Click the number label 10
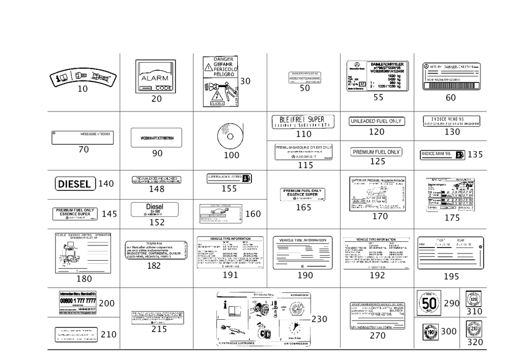83,89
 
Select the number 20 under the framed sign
156,99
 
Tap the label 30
245,81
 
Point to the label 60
450,98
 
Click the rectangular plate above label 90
157,137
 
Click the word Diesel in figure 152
154,207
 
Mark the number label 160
253,214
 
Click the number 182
154,266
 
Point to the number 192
377,275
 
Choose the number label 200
106,303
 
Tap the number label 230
319,319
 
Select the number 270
377,336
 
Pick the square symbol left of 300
431,331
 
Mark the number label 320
475,342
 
